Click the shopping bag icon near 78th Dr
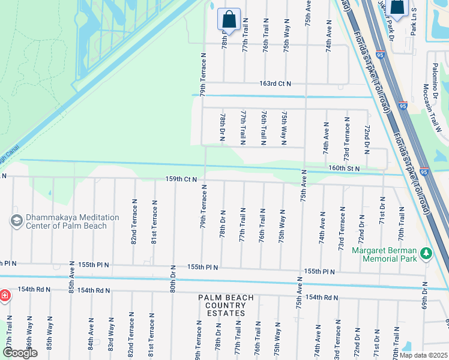(229, 19)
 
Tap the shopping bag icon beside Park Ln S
(397, 6)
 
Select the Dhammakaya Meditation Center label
(66, 221)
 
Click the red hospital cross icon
(4, 296)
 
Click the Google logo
(19, 353)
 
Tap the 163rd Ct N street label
(275, 83)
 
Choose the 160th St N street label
(343, 169)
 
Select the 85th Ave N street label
(71, 280)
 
